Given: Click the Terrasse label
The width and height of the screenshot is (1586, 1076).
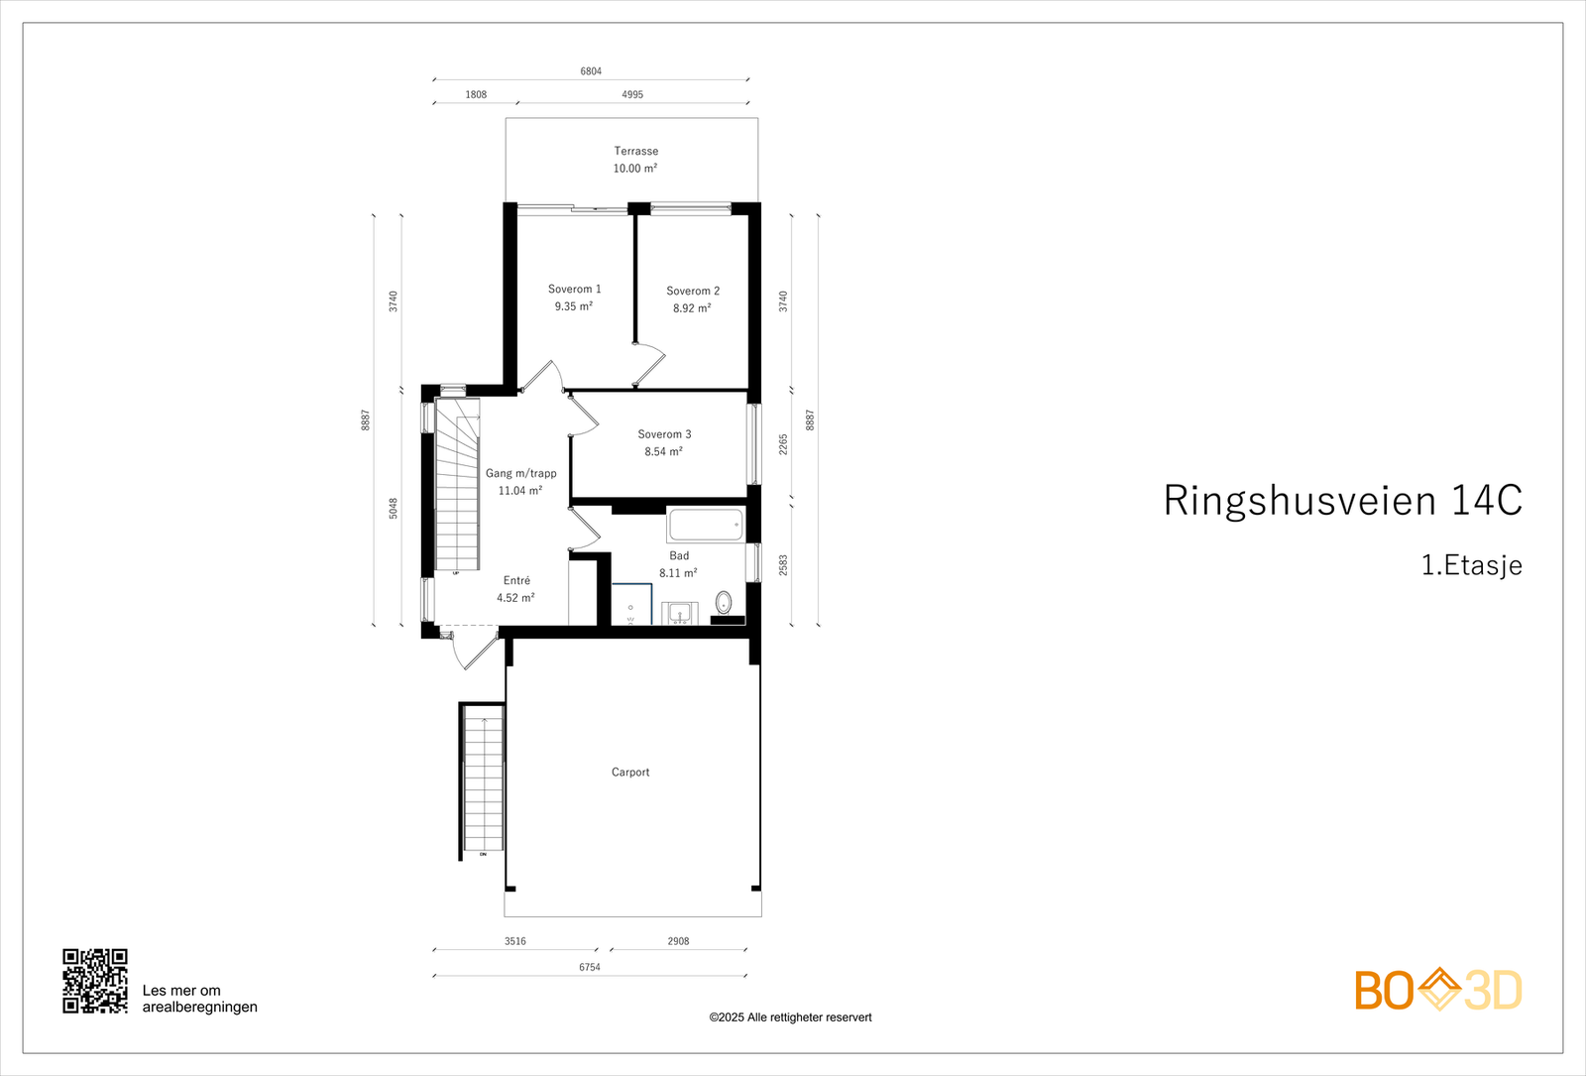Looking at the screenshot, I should [x=635, y=151].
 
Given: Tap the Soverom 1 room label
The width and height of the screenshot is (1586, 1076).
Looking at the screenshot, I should [x=574, y=289].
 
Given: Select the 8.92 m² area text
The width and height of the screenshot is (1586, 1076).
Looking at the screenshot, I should [x=691, y=308].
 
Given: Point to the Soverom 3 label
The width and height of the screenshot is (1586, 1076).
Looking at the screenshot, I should [x=664, y=434].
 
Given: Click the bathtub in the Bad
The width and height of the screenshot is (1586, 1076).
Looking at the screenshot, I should [x=705, y=525].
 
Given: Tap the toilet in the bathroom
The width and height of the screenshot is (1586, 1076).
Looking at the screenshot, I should [x=723, y=602].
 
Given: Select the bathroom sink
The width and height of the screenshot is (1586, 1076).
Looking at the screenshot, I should [x=679, y=613].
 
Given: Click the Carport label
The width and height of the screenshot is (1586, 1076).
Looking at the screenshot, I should [x=630, y=772].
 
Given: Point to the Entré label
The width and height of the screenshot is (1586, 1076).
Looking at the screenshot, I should [x=516, y=581].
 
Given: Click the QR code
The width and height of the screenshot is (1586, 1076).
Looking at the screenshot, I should [x=95, y=981].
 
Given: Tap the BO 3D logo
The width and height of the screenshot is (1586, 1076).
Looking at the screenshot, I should [x=1437, y=990].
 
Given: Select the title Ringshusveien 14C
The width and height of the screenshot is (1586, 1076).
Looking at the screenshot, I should [x=1342, y=501].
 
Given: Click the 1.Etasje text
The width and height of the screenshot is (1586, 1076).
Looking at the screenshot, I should [x=1471, y=565].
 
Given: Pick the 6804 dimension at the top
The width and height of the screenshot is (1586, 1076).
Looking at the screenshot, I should [x=591, y=71].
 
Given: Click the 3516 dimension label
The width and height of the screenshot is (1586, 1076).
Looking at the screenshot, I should [x=514, y=941].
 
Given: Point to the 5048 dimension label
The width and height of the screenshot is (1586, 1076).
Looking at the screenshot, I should [x=394, y=509].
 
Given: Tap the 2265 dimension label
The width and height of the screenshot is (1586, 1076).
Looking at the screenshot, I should [x=783, y=444].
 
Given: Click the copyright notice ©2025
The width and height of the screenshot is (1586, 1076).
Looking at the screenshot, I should [x=790, y=1017].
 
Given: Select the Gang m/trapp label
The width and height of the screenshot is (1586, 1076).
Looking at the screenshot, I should [x=520, y=473].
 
